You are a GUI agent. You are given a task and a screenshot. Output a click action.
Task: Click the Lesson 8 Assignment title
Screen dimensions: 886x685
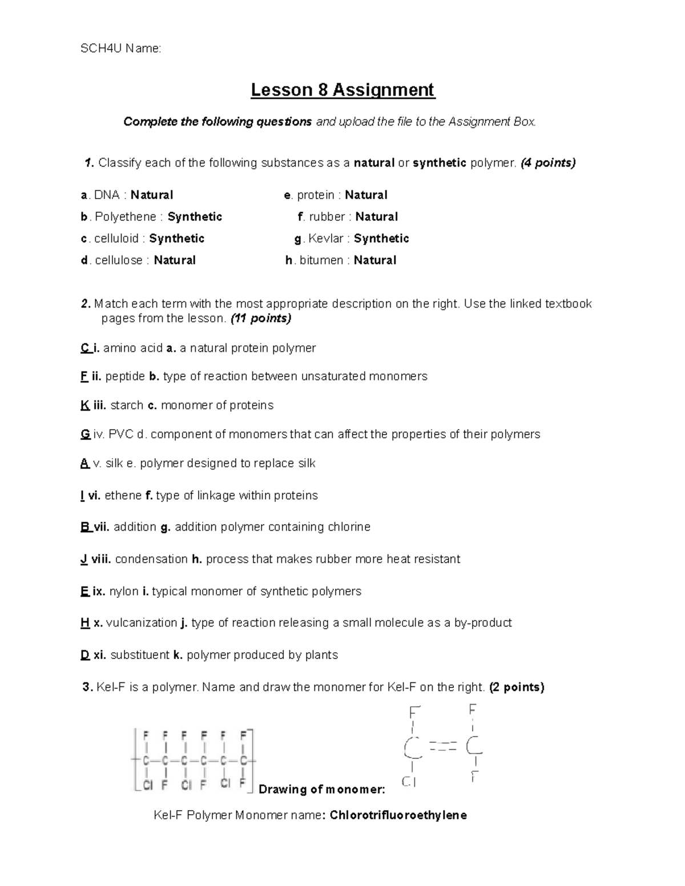343,90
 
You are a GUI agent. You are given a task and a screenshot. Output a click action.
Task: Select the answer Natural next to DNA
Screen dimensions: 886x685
152,195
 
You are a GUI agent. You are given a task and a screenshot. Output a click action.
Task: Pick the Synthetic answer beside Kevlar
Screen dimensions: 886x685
381,238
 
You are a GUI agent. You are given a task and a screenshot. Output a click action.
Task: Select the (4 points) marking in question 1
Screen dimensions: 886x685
548,163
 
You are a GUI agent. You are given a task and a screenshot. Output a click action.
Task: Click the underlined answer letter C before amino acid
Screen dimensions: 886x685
85,348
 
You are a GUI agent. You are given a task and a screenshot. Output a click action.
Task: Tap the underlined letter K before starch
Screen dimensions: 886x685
85,405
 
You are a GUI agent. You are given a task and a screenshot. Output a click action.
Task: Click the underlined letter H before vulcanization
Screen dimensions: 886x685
85,622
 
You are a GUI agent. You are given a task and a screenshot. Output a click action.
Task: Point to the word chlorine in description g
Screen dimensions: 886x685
349,527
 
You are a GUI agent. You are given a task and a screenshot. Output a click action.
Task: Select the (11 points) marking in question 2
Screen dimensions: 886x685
260,318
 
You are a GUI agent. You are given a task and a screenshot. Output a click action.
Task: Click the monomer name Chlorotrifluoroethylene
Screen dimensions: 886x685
398,815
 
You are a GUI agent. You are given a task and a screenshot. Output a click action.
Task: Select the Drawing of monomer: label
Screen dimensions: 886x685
322,790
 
